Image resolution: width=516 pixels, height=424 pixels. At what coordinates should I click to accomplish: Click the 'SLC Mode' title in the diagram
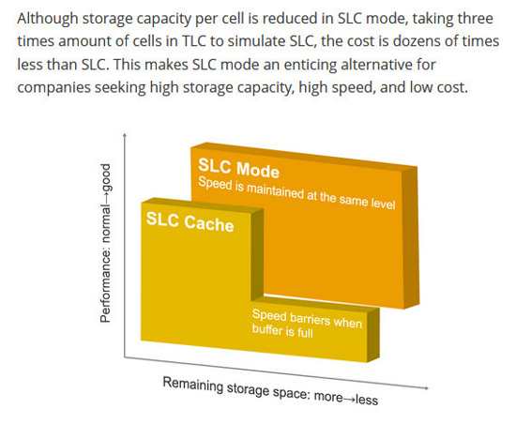tap(238, 168)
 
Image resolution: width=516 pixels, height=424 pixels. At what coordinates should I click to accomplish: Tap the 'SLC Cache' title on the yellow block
tap(190, 222)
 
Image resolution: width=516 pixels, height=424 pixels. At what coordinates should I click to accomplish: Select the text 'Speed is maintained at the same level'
tap(296, 193)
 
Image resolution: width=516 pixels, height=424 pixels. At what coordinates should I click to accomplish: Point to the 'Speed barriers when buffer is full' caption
tap(307, 324)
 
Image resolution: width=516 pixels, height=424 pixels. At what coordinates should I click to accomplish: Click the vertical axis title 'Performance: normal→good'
tap(106, 243)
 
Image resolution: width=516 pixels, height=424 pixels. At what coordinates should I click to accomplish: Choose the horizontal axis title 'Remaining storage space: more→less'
tap(270, 391)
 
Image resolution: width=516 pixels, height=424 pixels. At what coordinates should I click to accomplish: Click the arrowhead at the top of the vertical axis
tap(125, 134)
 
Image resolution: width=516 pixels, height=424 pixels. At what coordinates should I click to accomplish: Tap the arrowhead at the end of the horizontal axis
tap(427, 387)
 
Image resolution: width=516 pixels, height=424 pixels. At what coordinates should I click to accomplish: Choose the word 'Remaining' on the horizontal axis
tap(192, 385)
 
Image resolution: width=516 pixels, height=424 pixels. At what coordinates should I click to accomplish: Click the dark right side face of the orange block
tap(411, 236)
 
